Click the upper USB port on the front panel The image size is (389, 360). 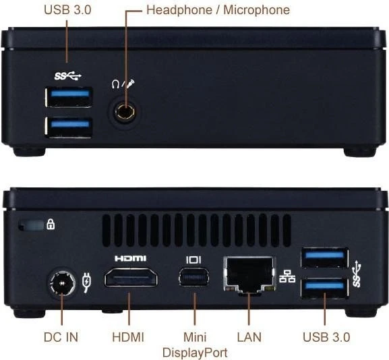(x=69, y=97)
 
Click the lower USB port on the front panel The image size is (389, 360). (x=69, y=127)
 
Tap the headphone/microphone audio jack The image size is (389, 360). (x=125, y=113)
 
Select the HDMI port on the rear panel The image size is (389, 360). (x=131, y=278)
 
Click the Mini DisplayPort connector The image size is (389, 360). (x=193, y=276)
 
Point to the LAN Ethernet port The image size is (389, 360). (x=249, y=275)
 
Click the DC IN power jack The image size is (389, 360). (x=61, y=283)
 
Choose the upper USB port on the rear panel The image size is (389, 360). (x=325, y=258)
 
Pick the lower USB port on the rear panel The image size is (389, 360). (x=325, y=288)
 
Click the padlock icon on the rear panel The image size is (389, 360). (x=51, y=224)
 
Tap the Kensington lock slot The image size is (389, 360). (x=31, y=225)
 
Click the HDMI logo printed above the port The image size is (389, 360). (x=131, y=258)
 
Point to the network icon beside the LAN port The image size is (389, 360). (x=287, y=276)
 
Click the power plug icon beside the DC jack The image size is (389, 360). (x=86, y=282)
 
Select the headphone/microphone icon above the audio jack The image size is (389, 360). (x=123, y=84)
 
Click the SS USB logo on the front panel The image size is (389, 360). (x=67, y=76)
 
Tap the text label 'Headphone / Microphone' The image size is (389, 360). (x=218, y=10)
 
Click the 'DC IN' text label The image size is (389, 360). (x=61, y=337)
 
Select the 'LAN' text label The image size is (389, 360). (x=249, y=337)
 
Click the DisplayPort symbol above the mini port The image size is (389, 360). (x=193, y=260)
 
